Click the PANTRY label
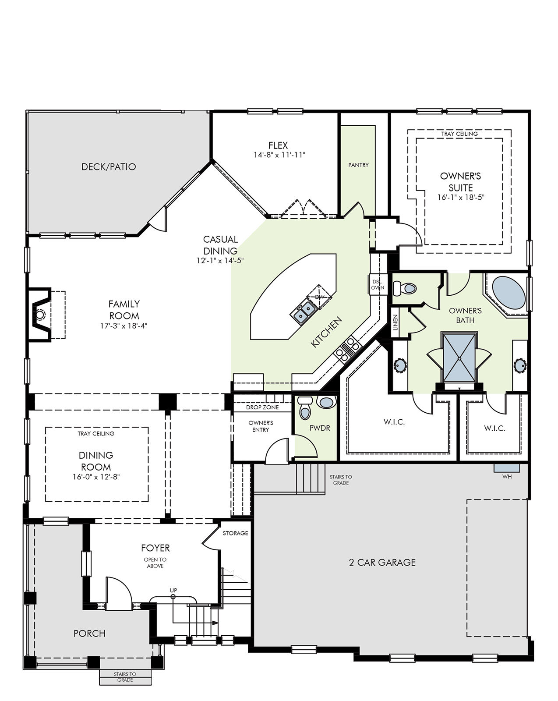point(358,165)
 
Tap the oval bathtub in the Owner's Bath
point(509,293)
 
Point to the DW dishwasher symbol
point(319,297)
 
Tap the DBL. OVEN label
point(378,285)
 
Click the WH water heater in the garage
point(506,468)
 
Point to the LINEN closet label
point(396,322)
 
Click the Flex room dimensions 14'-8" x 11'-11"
point(279,155)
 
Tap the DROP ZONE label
point(262,407)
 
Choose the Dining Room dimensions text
point(96,477)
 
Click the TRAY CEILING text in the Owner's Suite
point(459,134)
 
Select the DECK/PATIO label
point(109,167)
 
